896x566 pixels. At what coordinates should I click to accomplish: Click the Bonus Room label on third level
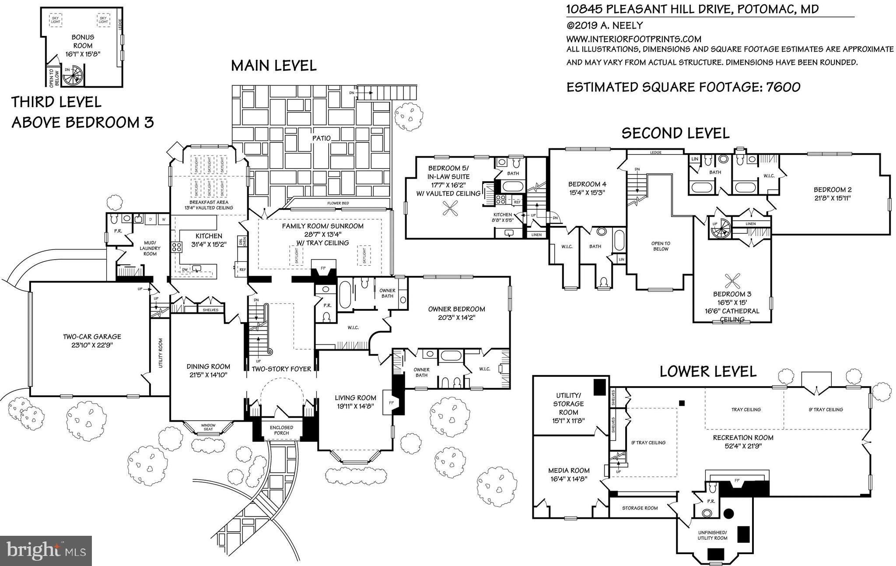click(x=82, y=42)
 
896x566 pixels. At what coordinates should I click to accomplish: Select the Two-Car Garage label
click(x=92, y=337)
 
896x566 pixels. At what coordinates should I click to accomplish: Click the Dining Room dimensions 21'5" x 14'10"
click(x=208, y=375)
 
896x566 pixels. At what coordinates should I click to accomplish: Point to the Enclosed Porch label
click(x=281, y=430)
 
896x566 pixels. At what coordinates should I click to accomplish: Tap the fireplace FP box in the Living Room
click(x=388, y=401)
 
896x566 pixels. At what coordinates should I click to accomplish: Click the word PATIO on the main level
click(x=321, y=138)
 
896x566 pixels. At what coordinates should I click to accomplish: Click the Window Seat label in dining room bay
click(x=208, y=427)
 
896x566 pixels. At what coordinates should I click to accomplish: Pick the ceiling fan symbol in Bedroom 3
click(x=732, y=279)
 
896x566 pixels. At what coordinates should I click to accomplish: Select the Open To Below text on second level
click(x=661, y=246)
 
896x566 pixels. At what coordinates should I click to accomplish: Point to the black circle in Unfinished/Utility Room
click(x=729, y=513)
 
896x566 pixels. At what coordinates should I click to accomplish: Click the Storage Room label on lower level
click(x=640, y=508)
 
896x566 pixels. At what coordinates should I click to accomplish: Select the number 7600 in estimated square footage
click(x=783, y=87)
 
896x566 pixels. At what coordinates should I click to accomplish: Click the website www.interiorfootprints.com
click(x=633, y=39)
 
